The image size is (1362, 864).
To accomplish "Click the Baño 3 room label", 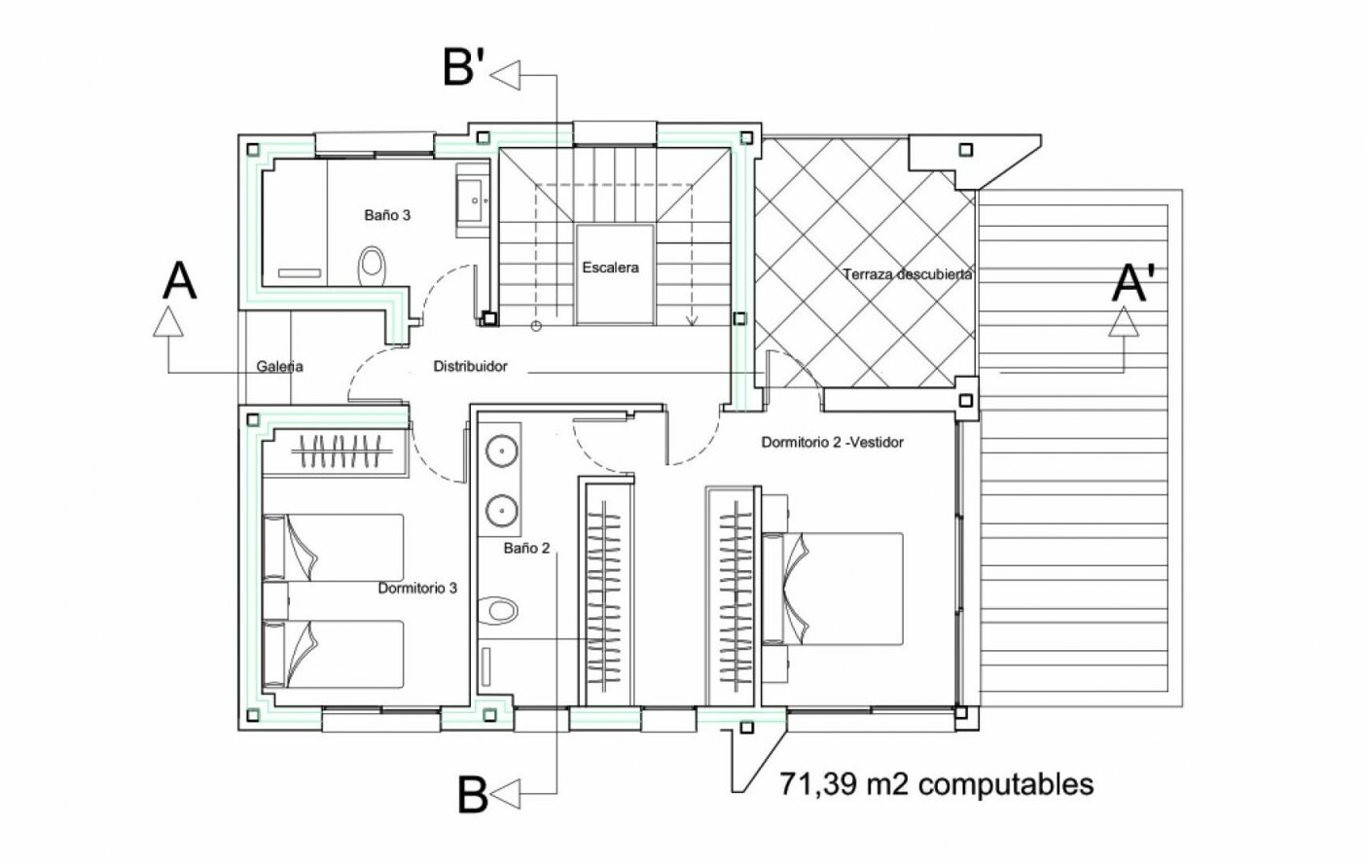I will [x=387, y=215].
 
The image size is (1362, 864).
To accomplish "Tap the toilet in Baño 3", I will [x=372, y=264].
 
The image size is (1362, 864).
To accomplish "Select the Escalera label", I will [x=611, y=267].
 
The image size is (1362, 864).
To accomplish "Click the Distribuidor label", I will [x=470, y=367].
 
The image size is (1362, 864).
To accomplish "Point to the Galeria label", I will [x=280, y=367].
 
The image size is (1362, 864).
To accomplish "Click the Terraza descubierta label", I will [x=908, y=274].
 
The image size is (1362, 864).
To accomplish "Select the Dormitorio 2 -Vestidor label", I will [x=832, y=442].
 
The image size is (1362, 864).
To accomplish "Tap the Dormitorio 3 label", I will [x=417, y=588].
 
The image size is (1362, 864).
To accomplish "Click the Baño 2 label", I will [x=526, y=548].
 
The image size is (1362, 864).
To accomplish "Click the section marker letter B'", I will [x=464, y=68].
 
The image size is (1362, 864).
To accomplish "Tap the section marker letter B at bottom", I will [x=472, y=796].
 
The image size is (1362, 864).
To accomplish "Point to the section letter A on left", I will [x=180, y=281].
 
